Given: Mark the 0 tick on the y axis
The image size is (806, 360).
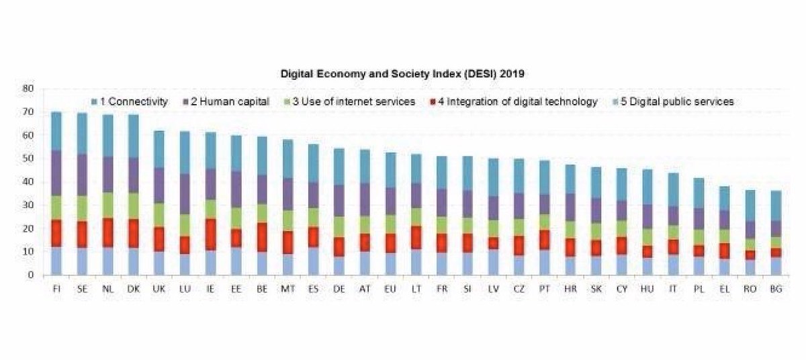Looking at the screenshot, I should pyautogui.click(x=30, y=275).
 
